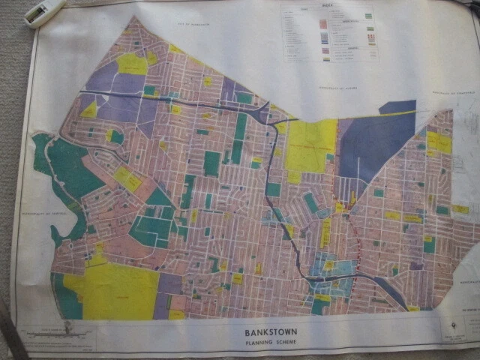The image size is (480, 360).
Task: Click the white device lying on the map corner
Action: coord(44,12)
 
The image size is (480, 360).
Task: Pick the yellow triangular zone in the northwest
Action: coord(90,111)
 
